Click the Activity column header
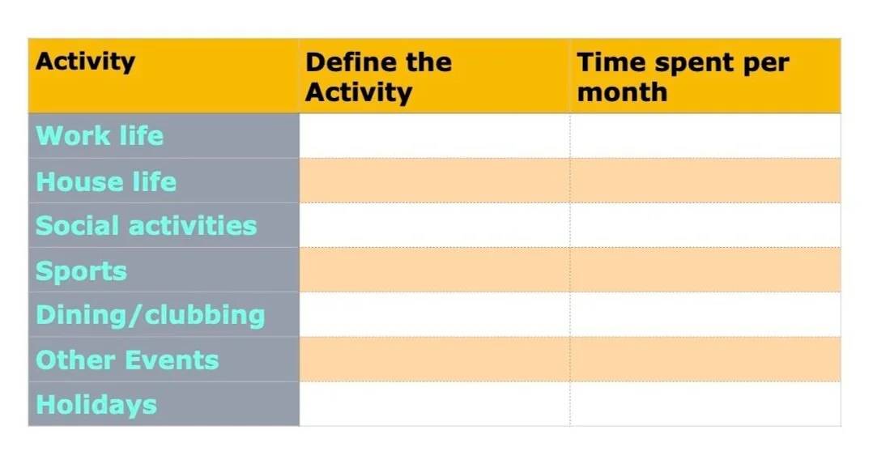(x=85, y=62)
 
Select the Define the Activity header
(x=378, y=77)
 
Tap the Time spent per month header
(x=682, y=77)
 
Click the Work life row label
(x=100, y=136)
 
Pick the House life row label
(x=106, y=181)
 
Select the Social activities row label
(x=146, y=225)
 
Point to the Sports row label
(x=81, y=270)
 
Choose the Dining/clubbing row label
(x=150, y=315)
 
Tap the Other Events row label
(x=127, y=360)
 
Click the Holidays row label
(x=96, y=404)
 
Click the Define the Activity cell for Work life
(x=434, y=136)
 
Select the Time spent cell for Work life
(x=705, y=136)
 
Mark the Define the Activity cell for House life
(x=434, y=181)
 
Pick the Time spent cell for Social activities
(x=705, y=225)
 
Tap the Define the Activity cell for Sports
(x=434, y=270)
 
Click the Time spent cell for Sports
(x=705, y=270)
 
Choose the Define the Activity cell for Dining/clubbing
(x=434, y=314)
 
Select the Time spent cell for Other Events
(x=705, y=359)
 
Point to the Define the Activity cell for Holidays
(x=434, y=403)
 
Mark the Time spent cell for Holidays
(x=705, y=403)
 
